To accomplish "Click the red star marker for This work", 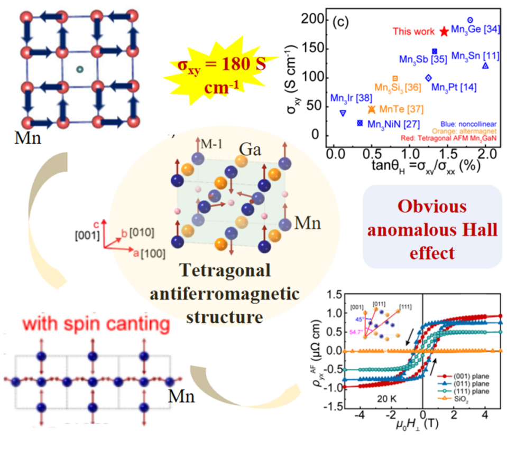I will tap(444, 32).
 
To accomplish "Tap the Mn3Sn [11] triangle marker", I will tap(485, 65).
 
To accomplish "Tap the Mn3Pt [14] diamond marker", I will tap(428, 78).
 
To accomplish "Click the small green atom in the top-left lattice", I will tap(79, 69).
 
